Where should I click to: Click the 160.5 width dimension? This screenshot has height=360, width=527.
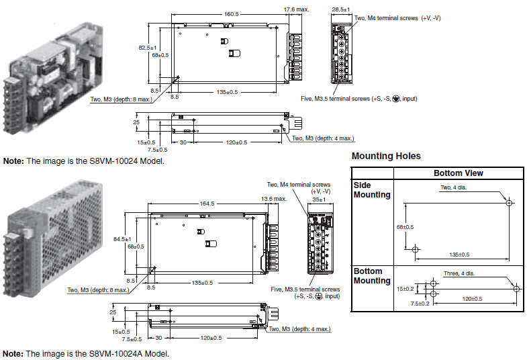click(231, 14)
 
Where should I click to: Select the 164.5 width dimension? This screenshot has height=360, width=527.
click(207, 204)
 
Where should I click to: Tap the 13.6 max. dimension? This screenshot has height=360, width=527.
click(274, 199)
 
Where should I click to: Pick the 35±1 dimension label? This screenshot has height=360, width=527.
click(318, 199)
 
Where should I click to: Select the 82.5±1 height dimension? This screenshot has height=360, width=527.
click(147, 48)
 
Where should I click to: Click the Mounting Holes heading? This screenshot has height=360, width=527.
click(386, 156)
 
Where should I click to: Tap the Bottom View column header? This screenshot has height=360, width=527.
click(458, 173)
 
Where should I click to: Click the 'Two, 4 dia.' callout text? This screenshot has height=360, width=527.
click(455, 187)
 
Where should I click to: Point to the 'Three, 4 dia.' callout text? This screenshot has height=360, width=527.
click(459, 273)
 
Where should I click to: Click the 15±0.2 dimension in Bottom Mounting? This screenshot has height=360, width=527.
click(405, 288)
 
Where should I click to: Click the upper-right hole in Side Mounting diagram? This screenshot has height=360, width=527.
click(509, 202)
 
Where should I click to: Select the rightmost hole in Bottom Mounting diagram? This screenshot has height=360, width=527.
click(516, 288)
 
